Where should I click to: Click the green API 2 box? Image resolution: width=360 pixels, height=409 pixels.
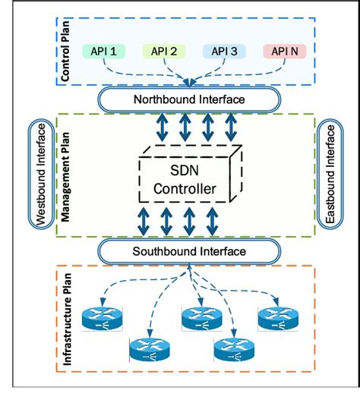coord(164,52)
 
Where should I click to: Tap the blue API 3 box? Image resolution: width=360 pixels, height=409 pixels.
coord(226,52)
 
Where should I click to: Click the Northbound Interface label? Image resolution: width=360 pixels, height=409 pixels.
coord(189,99)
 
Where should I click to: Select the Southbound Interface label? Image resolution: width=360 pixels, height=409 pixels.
coord(189,251)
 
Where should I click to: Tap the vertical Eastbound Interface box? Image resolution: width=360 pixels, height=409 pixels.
coord(330,175)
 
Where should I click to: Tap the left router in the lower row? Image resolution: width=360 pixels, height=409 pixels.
coord(147,348)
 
